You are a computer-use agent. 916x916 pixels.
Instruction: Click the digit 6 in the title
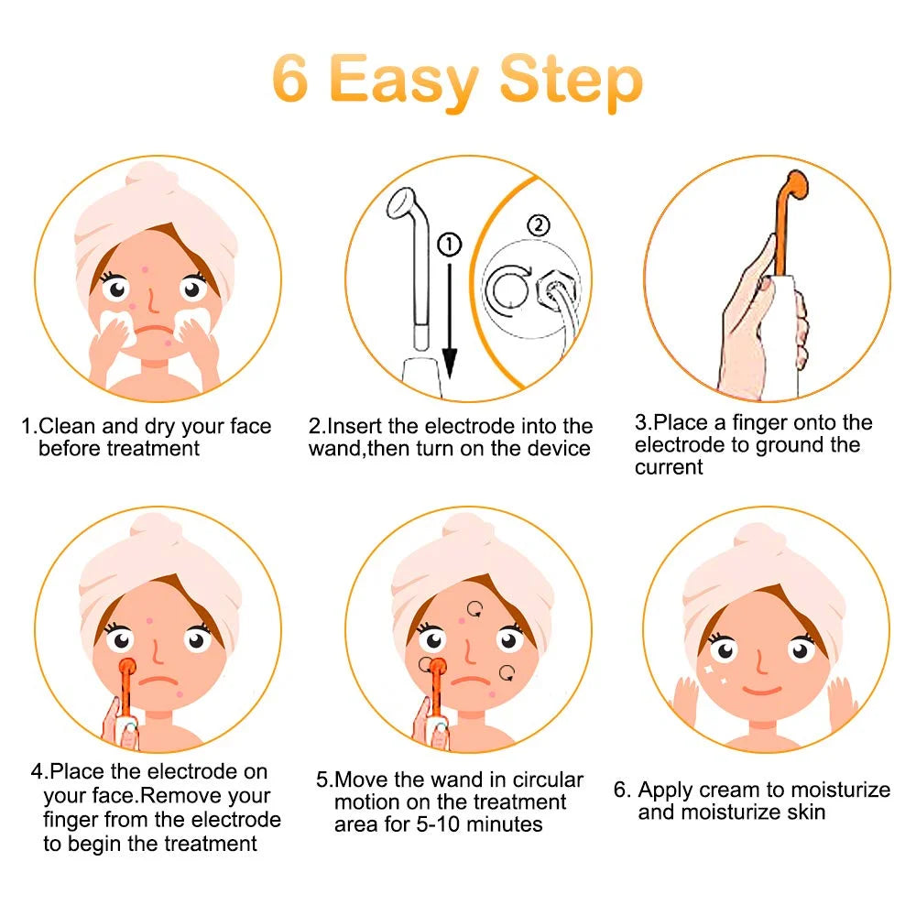[289, 81]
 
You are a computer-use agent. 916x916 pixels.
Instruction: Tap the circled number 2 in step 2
[540, 225]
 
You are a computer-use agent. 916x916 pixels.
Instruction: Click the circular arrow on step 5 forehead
[475, 606]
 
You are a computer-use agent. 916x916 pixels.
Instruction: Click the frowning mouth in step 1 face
[156, 327]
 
